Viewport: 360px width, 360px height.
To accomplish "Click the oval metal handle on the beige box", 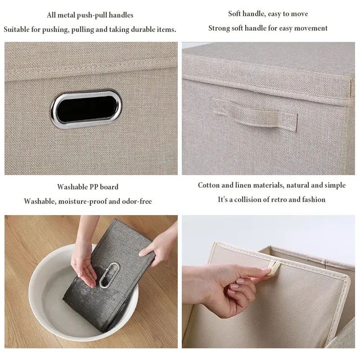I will (x=86, y=109).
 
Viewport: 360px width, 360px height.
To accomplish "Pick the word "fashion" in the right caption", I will (x=313, y=199).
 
